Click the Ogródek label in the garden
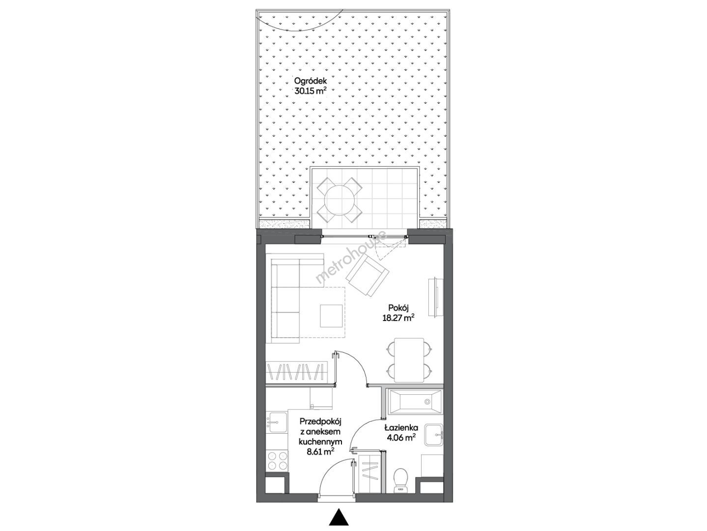(310, 81)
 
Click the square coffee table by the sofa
(331, 316)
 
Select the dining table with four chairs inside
(409, 360)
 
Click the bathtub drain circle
(427, 402)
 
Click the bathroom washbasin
(433, 435)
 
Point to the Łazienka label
(401, 428)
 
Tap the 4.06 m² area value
(399, 438)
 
